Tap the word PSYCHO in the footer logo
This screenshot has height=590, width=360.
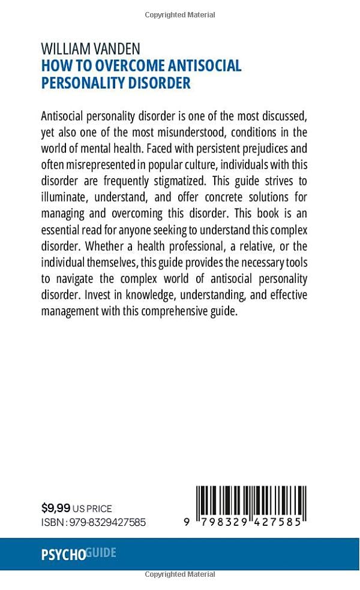pyautogui.click(x=63, y=555)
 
